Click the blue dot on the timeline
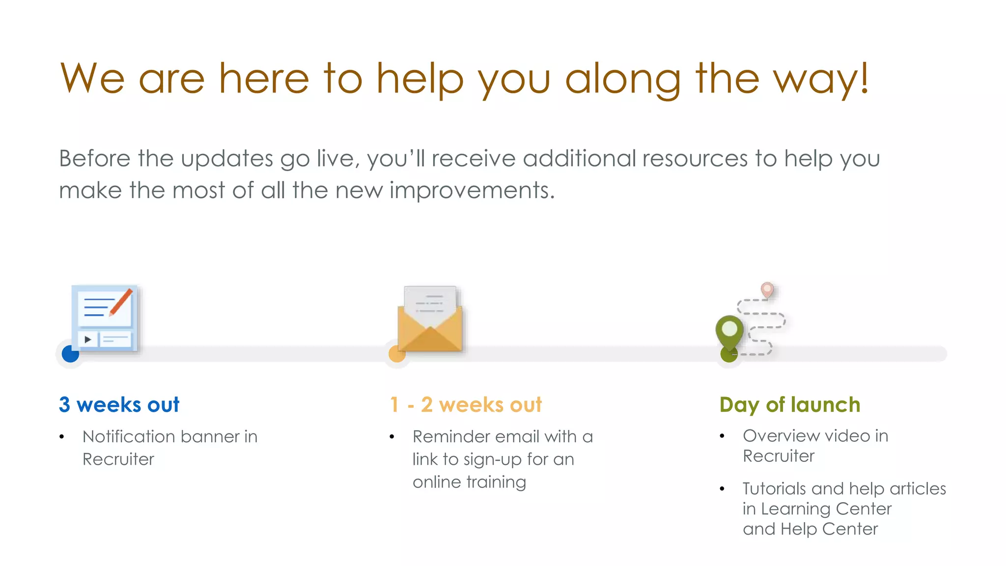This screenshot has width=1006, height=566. tap(70, 354)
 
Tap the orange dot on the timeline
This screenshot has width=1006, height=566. tap(397, 354)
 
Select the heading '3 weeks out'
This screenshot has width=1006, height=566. tap(119, 405)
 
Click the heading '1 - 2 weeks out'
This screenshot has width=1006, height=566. tap(466, 405)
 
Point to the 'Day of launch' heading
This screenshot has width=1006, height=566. tap(790, 405)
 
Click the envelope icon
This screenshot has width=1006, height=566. tap(430, 322)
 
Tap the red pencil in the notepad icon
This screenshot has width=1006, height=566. tap(121, 301)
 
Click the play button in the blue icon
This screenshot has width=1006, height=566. tap(88, 339)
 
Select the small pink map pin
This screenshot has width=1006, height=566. tap(767, 289)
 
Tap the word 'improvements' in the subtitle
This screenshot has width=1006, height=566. tap(472, 190)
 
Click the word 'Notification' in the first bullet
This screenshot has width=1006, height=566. tap(129, 436)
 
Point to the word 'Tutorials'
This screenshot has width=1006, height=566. tap(774, 488)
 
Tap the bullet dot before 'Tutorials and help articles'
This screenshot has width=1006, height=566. tap(722, 489)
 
